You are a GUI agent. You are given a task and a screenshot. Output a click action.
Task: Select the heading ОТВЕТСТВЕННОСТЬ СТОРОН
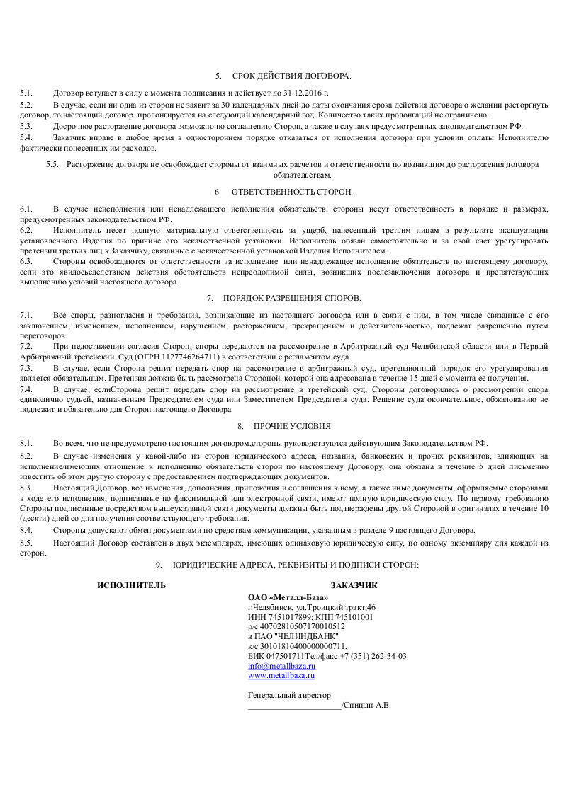click(292, 192)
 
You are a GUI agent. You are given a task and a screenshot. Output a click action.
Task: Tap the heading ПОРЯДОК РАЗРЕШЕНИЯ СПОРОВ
click(292, 298)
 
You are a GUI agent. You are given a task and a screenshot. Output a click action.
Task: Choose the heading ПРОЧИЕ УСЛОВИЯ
click(292, 426)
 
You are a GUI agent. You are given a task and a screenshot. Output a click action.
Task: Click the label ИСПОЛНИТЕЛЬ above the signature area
click(132, 585)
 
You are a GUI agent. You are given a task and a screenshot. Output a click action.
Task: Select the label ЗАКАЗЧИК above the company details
click(354, 585)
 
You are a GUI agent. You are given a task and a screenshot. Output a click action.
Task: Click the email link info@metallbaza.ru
click(281, 666)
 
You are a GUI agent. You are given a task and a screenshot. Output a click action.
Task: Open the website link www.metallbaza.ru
click(281, 676)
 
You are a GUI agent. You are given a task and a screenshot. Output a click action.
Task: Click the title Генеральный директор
click(289, 696)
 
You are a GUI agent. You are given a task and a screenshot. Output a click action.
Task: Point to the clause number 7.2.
click(26, 347)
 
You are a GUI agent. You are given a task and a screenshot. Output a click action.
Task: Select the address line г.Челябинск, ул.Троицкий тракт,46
click(312, 607)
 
